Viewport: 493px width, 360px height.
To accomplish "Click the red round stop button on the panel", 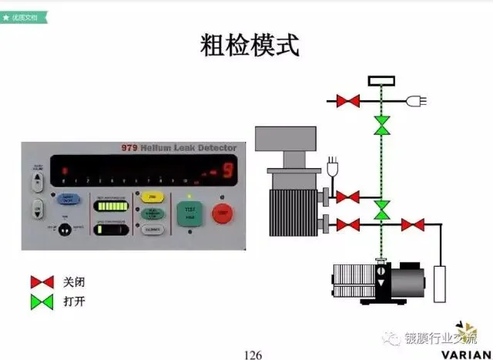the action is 222,212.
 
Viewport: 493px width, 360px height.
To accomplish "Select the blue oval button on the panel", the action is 69,199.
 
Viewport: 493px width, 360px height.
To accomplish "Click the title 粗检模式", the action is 246,45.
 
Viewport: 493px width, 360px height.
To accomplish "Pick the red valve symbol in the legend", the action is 41,282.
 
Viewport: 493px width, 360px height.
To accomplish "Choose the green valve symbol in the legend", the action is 41,301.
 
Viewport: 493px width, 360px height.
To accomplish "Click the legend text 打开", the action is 74,301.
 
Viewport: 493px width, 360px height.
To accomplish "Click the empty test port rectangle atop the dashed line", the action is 381,81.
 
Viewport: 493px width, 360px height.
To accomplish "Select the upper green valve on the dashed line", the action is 381,126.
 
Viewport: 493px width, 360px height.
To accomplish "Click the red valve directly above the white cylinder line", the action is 414,225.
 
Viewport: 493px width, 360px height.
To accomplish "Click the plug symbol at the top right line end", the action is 420,100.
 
